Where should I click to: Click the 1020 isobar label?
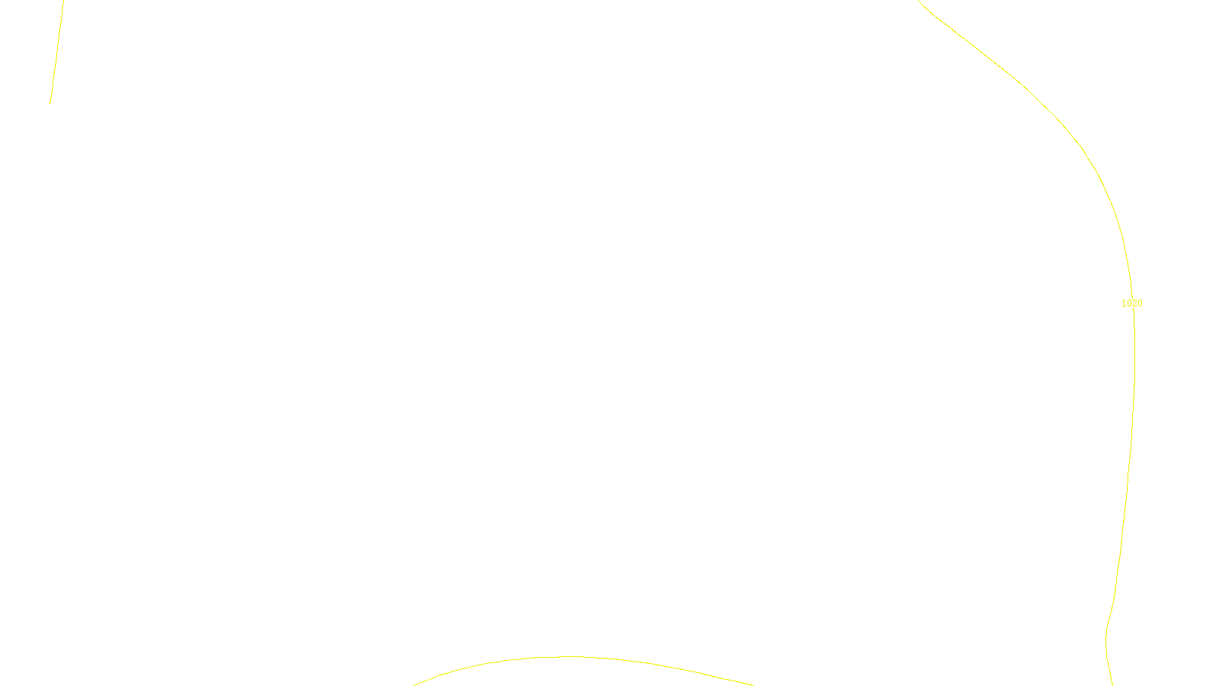point(1131,303)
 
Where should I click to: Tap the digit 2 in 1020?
point(1134,303)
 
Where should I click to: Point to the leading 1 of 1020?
point(1124,303)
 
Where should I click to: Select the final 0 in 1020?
point(1140,303)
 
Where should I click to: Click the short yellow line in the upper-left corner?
point(56,52)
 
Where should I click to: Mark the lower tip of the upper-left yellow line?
point(50,103)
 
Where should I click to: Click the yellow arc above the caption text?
point(571,657)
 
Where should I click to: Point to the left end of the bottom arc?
point(414,684)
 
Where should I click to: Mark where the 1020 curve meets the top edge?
point(919,2)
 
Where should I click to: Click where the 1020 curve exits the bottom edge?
point(1112,684)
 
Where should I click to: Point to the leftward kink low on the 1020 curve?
point(1106,633)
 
